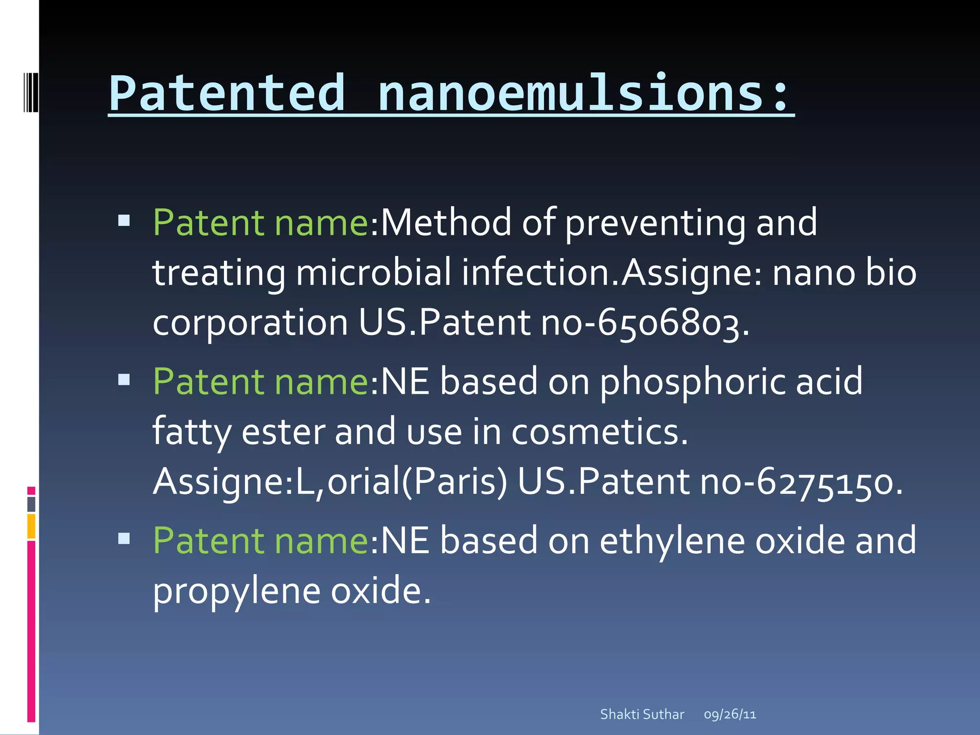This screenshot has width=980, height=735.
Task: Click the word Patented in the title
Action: (x=227, y=93)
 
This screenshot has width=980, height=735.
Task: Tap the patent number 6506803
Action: (x=668, y=323)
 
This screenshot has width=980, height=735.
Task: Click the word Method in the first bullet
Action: (x=446, y=223)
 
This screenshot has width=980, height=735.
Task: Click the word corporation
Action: (x=250, y=323)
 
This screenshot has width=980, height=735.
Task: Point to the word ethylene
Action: (x=672, y=541)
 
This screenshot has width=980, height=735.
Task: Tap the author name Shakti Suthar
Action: (x=642, y=714)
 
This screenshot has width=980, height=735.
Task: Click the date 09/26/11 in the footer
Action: (x=730, y=714)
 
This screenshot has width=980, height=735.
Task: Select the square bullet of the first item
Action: (x=124, y=221)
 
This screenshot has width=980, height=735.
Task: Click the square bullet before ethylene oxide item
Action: (x=124, y=539)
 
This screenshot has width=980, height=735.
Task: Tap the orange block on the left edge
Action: (x=31, y=526)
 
